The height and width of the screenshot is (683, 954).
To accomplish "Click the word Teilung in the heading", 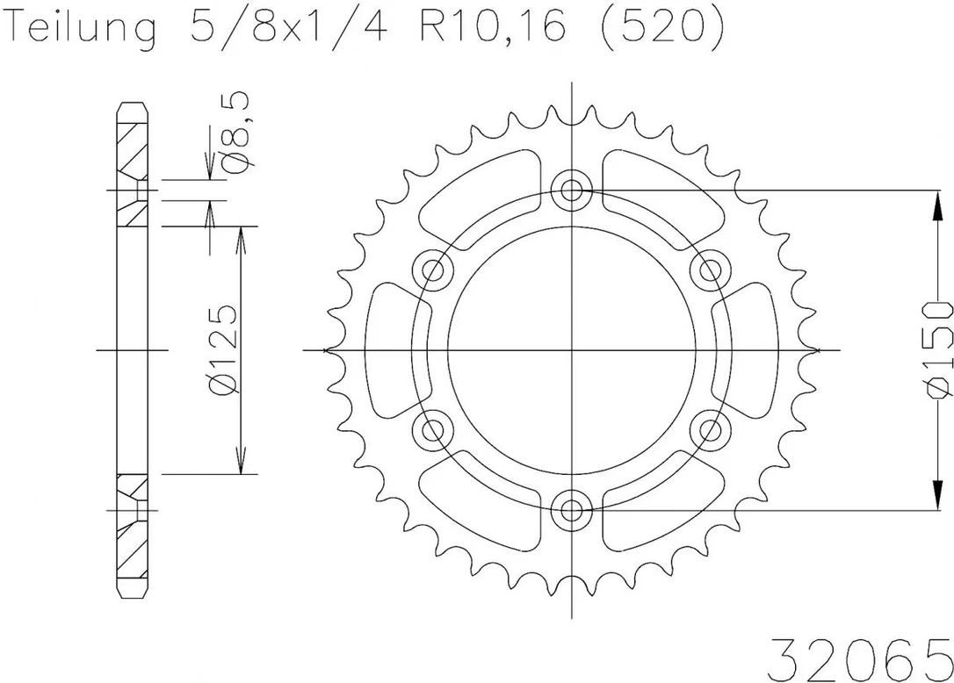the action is tap(83, 26).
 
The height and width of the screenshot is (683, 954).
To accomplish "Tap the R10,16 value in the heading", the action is tap(492, 26).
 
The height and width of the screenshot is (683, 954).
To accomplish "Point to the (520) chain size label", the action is tap(663, 26).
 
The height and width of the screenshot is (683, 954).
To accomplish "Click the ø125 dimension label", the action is tap(221, 349).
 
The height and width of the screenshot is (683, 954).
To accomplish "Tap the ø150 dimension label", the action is tap(937, 349).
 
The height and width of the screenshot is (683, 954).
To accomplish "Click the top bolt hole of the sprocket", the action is tap(571, 191).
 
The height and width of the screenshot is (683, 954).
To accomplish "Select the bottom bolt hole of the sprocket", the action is tap(571, 510).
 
